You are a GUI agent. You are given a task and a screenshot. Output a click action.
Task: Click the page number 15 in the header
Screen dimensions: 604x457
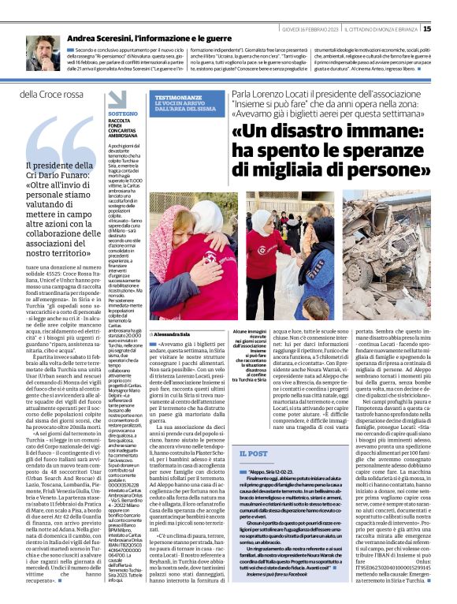tap(449, 29)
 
